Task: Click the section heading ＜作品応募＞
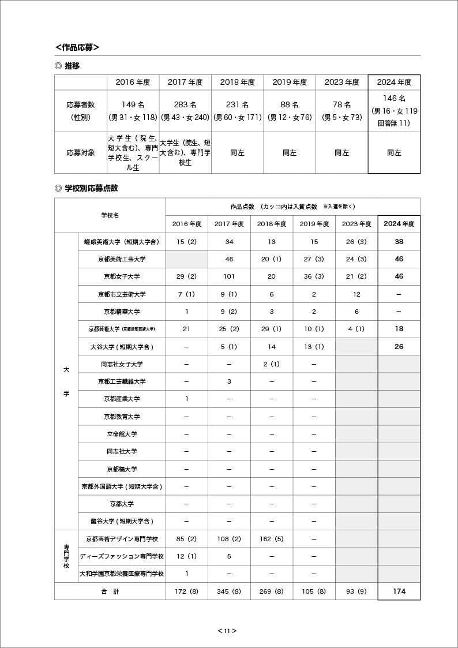(77, 47)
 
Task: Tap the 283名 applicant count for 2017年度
(185, 104)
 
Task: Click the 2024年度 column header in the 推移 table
(394, 83)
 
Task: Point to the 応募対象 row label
(81, 153)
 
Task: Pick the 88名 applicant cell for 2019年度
(290, 104)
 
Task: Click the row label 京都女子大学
(122, 276)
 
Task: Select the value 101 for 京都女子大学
(229, 276)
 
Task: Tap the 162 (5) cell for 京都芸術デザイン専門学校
(272, 539)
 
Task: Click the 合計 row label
(110, 591)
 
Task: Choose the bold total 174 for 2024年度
(399, 591)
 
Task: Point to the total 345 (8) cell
(229, 591)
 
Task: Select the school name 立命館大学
(122, 434)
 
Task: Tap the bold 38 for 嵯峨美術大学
(399, 242)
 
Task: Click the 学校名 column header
(110, 215)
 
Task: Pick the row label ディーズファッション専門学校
(122, 556)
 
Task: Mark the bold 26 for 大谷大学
(399, 347)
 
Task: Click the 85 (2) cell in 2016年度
(186, 539)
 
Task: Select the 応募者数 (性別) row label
(81, 111)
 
